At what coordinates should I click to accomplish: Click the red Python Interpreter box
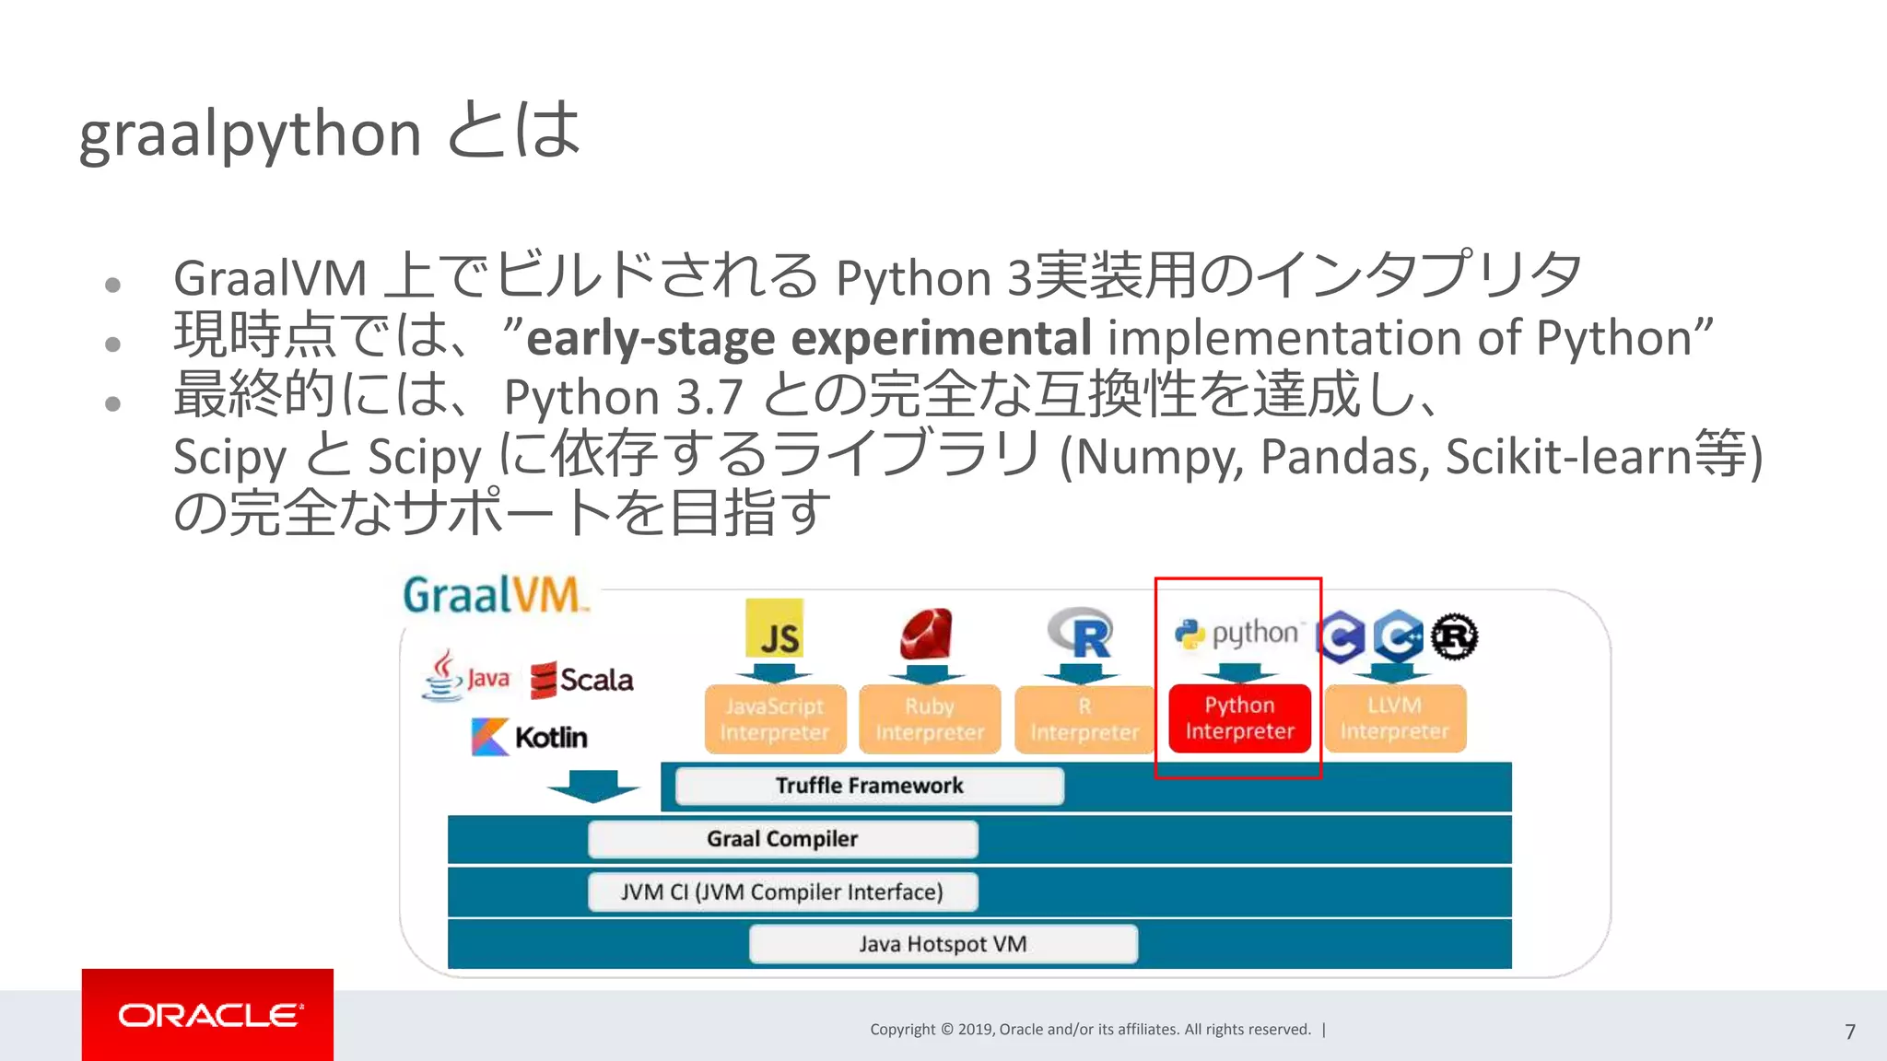[x=1239, y=718]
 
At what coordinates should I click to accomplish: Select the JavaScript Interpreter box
[x=775, y=719]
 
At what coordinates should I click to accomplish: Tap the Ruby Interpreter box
[x=930, y=719]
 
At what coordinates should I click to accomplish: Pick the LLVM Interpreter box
[x=1394, y=718]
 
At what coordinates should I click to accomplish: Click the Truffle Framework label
[x=869, y=786]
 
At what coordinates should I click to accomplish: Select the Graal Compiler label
[x=782, y=839]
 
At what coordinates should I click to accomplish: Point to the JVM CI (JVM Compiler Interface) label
[x=782, y=892]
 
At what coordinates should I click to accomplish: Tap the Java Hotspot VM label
[x=943, y=944]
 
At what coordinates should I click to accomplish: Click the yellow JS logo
[x=775, y=629]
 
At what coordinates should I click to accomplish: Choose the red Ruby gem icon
[x=927, y=634]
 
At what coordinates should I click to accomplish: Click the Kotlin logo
[x=529, y=737]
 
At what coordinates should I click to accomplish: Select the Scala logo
[x=582, y=681]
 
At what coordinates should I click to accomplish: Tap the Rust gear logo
[x=1454, y=636]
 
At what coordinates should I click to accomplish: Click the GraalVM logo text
[x=493, y=595]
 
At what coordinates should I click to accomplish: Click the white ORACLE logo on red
[x=208, y=1015]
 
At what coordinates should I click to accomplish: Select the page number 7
[x=1849, y=1032]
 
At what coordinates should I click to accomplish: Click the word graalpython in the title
[x=250, y=134]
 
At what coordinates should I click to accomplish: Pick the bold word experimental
[x=941, y=338]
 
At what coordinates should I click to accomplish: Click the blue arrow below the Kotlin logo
[x=592, y=786]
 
